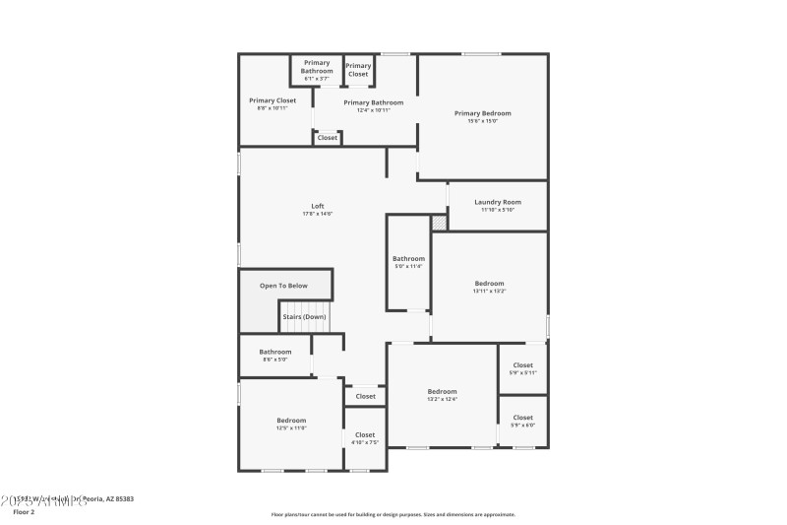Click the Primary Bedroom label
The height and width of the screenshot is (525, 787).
coord(482,113)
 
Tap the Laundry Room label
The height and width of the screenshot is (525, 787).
coord(498,202)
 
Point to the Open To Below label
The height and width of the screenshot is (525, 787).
coord(283,286)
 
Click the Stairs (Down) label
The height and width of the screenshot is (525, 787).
coord(304,316)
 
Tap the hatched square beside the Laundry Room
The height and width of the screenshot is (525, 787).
coord(439,223)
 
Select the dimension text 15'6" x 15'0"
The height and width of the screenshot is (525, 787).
coord(482,121)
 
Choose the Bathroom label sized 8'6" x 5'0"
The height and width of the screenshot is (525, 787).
coord(275,352)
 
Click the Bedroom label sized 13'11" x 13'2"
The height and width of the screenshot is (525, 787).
coord(489,283)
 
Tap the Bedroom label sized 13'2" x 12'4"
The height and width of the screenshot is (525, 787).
coord(442,391)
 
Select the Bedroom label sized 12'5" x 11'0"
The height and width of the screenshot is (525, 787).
coord(291,421)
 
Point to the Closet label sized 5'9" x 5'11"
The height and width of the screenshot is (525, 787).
coord(522,364)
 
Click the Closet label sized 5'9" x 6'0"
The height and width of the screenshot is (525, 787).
coord(522,418)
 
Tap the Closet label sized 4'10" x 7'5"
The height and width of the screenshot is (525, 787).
coord(365,434)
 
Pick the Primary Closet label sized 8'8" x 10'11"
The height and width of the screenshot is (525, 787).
coord(272,100)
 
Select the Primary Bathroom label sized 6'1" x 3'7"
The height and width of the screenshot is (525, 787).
coord(317,67)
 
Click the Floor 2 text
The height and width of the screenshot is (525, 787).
coord(23,512)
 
